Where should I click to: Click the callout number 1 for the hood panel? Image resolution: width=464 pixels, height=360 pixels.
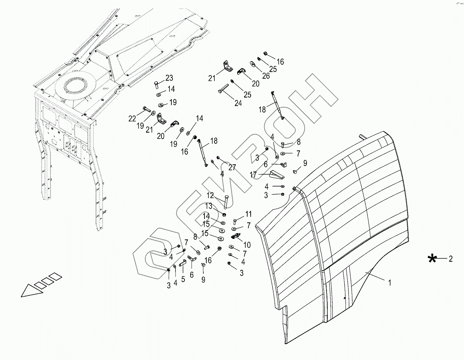(x=390, y=283)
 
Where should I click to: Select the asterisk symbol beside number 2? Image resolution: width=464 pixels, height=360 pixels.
(x=433, y=259)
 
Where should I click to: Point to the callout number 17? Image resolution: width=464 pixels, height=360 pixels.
(x=253, y=175)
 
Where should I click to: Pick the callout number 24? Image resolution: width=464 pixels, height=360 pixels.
(x=238, y=103)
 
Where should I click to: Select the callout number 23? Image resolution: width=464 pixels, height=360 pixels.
(x=169, y=78)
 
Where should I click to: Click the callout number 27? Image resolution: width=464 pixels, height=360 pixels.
(x=232, y=167)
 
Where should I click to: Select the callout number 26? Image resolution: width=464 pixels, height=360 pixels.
(x=266, y=76)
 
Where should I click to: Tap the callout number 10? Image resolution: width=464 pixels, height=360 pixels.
(x=247, y=245)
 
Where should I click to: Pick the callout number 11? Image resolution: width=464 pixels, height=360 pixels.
(x=248, y=214)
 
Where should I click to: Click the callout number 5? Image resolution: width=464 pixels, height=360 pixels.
(x=183, y=279)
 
